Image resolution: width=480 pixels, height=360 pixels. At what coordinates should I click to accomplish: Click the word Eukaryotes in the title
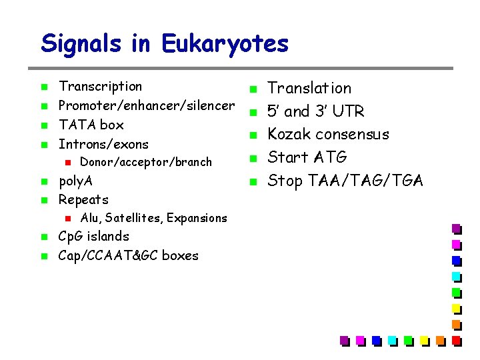[x=225, y=44]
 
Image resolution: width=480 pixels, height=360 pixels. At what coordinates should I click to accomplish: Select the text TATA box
[x=91, y=125]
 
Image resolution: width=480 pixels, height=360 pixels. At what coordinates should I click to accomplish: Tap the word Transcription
[x=100, y=86]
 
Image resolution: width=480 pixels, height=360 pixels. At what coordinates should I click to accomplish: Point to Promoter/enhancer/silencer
[x=147, y=105]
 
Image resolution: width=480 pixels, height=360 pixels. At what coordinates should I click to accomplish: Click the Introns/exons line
[x=103, y=144]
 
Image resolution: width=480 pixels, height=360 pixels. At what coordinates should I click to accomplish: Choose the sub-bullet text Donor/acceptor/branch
[x=145, y=162]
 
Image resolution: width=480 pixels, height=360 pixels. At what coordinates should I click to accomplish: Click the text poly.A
[x=75, y=181]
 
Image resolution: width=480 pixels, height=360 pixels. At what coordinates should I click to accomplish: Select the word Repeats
[x=83, y=199]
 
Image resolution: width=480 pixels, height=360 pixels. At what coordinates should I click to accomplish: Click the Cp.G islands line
[x=93, y=236]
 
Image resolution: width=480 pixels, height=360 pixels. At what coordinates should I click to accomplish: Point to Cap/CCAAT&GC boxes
[x=128, y=255]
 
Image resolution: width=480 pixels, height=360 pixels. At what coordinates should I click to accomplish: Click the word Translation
[x=309, y=88]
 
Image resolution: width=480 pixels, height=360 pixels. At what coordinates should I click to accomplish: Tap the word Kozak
[x=289, y=134]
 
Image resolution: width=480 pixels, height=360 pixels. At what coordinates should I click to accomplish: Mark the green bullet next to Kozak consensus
[x=253, y=135]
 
